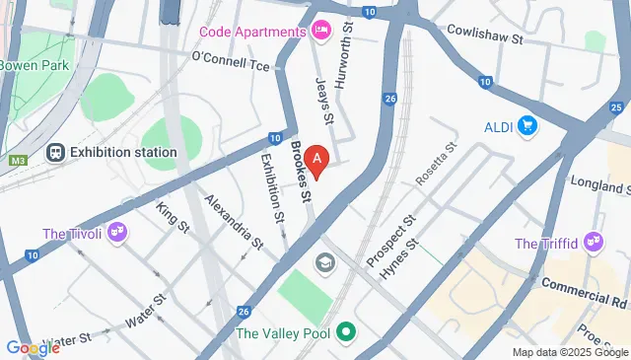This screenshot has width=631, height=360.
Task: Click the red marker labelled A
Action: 316,159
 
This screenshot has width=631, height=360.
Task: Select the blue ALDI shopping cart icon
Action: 527,126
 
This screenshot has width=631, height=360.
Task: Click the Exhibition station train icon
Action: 55,152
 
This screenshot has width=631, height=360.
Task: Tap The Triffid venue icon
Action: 594,243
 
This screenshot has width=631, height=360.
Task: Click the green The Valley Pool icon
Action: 345,331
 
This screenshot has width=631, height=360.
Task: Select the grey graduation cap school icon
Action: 322,263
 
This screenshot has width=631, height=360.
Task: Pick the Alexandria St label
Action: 234,220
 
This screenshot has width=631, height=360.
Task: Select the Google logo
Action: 33,347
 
